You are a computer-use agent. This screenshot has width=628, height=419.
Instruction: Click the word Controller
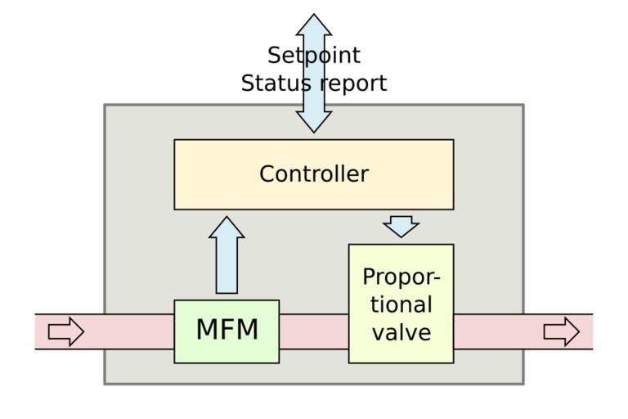314,174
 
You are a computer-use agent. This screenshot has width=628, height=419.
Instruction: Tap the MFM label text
227,330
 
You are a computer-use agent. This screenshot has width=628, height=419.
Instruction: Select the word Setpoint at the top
314,56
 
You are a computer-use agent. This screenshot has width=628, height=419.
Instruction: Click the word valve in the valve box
401,332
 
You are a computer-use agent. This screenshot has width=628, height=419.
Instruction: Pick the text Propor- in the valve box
401,277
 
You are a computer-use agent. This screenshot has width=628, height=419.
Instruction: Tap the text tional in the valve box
401,304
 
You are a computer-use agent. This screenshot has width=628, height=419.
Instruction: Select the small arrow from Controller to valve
401,226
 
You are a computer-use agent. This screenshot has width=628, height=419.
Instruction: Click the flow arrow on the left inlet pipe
66,331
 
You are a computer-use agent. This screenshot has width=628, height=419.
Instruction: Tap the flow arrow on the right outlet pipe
561,331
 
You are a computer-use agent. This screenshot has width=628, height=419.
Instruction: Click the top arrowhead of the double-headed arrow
314,24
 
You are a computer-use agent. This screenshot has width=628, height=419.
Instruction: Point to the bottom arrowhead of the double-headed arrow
314,122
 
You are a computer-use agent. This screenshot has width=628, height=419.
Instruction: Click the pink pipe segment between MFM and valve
314,331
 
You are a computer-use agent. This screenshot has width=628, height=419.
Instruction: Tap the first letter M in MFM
206,330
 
